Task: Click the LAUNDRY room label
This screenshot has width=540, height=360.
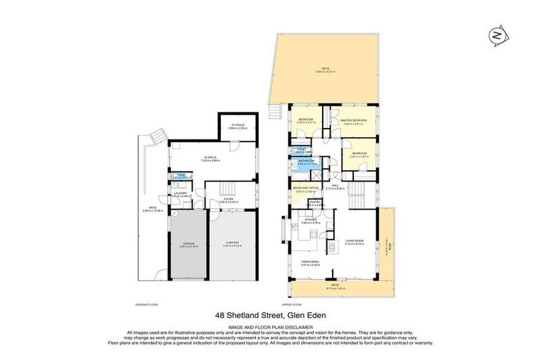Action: click(180, 193)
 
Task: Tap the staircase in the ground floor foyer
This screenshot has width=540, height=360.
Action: click(227, 189)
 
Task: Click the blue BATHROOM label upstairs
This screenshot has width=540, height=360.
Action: click(308, 161)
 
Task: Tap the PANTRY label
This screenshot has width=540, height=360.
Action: click(316, 203)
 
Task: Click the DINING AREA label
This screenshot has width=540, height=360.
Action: click(309, 264)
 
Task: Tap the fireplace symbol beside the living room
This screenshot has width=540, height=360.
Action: click(283, 228)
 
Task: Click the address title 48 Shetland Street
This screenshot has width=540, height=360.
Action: click(270, 317)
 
